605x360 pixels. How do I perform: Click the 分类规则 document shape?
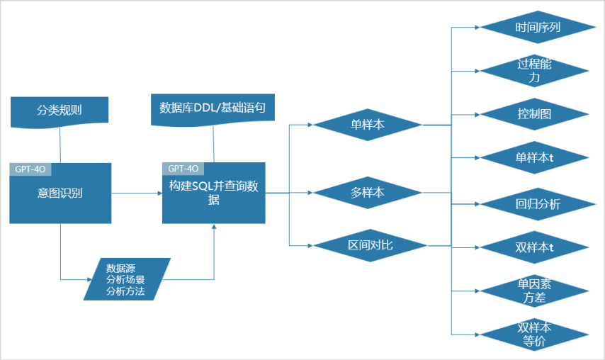[x=60, y=111]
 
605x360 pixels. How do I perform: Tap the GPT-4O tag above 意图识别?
[x=30, y=169]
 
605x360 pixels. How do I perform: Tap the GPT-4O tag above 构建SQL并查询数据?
[x=183, y=169]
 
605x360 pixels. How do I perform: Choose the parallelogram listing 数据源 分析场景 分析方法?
[x=126, y=279]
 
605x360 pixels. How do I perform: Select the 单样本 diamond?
[x=368, y=125]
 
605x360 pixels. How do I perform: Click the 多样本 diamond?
[x=368, y=191]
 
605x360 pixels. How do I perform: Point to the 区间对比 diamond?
[x=370, y=245]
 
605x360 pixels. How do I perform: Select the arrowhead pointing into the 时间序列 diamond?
[x=477, y=28]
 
